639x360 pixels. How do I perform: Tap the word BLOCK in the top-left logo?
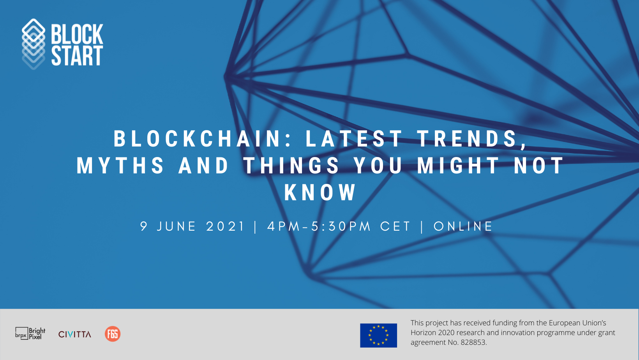(77, 34)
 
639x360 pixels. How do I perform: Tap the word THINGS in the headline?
(291, 166)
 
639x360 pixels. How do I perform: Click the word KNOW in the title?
(320, 192)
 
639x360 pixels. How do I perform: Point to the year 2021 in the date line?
(225, 226)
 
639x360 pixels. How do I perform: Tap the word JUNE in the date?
(176, 226)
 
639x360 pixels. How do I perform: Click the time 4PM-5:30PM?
(319, 226)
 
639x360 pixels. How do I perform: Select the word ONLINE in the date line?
(463, 226)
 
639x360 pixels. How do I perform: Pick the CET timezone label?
(395, 226)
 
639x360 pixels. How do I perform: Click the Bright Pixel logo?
(30, 334)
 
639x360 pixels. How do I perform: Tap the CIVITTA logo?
(75, 334)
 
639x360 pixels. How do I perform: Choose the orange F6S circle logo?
(112, 334)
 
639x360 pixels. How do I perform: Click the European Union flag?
(378, 335)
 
